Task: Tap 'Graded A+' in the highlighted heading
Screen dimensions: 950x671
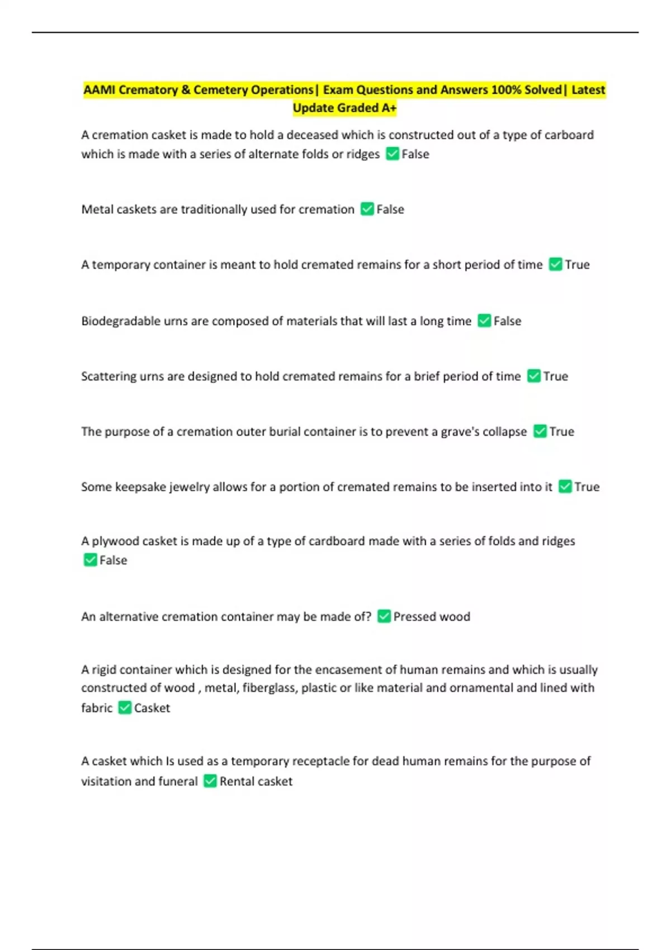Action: (x=366, y=108)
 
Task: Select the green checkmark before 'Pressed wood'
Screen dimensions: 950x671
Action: (x=384, y=616)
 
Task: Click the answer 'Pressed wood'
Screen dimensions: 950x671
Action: (x=432, y=617)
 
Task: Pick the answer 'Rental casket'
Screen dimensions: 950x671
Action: (x=256, y=781)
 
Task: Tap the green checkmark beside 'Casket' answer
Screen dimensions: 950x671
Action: (x=125, y=708)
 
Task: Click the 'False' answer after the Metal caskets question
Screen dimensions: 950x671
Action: (x=390, y=210)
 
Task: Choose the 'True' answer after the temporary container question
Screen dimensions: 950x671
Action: (x=577, y=265)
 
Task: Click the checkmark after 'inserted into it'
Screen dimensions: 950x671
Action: (x=565, y=487)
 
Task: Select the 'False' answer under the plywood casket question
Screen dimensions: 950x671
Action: (x=113, y=560)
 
